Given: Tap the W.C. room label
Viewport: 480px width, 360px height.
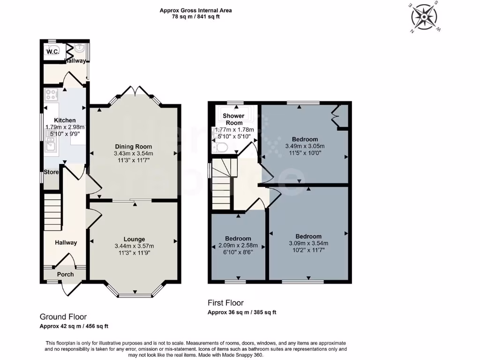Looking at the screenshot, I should click(x=52, y=52).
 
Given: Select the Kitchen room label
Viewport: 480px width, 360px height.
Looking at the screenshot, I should click(x=65, y=120).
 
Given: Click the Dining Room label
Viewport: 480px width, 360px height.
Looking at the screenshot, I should click(x=134, y=146).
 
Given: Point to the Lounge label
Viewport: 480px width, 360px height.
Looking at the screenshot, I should click(x=134, y=239).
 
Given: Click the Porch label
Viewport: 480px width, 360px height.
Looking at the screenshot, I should click(x=66, y=274).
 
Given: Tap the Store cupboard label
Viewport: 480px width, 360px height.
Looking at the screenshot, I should click(x=51, y=172).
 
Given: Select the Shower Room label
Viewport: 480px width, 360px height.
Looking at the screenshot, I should click(x=233, y=119).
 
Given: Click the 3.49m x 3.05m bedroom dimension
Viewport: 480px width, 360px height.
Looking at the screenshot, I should click(x=305, y=146).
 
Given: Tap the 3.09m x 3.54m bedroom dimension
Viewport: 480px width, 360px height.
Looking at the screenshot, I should click(x=308, y=243).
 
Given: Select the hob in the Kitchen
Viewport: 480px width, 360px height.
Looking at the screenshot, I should click(x=51, y=95).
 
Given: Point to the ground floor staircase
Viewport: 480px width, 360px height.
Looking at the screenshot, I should click(x=52, y=214).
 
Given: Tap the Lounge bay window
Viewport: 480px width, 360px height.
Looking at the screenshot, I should click(x=134, y=293).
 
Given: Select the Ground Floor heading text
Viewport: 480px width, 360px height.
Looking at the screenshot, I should click(x=63, y=317).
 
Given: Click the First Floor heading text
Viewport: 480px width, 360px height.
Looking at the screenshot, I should click(x=225, y=303).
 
